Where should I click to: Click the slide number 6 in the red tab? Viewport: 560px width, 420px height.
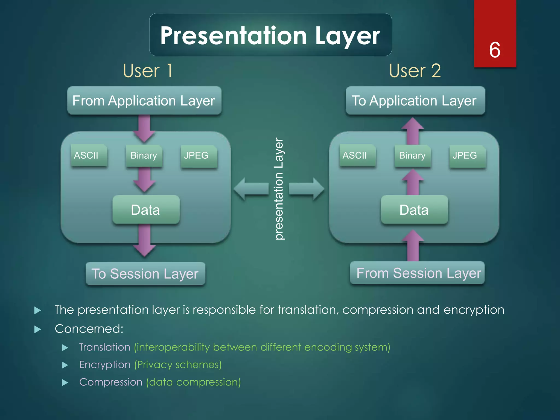495,50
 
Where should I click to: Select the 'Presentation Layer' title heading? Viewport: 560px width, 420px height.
270,36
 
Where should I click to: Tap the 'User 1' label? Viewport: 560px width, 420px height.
148,71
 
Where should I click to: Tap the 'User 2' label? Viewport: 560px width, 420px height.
415,71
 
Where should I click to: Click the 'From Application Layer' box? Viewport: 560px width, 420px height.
144,101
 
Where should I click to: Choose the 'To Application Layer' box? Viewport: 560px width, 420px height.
415,101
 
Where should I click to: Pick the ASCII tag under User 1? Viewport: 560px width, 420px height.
89,155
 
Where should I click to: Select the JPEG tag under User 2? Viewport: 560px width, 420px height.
467,156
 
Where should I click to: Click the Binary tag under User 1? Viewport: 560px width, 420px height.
144,156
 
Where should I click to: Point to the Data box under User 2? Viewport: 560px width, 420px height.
414,210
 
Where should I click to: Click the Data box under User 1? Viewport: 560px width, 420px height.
145,210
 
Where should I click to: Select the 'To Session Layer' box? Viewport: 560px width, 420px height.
145,274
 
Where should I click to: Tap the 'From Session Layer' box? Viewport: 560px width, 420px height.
418,273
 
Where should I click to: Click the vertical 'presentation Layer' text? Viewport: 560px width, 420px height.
279,189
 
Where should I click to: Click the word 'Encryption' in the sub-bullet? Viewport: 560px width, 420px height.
105,365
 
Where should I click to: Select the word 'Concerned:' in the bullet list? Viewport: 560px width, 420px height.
89,329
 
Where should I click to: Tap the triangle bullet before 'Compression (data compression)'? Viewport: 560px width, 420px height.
65,383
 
